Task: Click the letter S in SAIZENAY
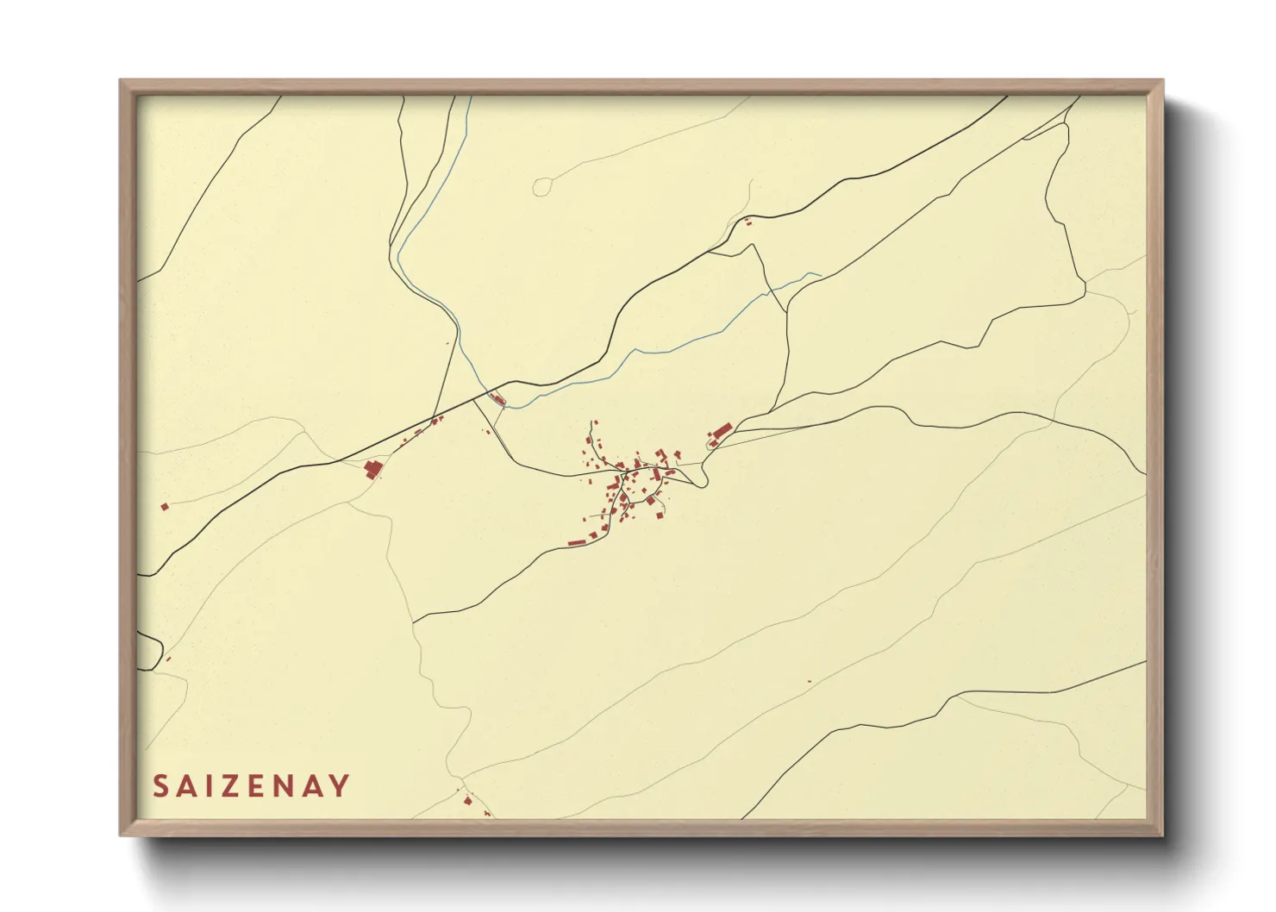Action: (160, 786)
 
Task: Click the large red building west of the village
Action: (372, 469)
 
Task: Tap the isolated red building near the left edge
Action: (164, 507)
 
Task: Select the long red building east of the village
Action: (721, 429)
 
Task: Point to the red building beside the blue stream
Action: (497, 398)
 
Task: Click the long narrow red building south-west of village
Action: (577, 543)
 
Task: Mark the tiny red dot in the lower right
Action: (810, 682)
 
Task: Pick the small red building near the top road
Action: (747, 223)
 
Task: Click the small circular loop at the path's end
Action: (541, 186)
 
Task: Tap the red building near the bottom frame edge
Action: (468, 801)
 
